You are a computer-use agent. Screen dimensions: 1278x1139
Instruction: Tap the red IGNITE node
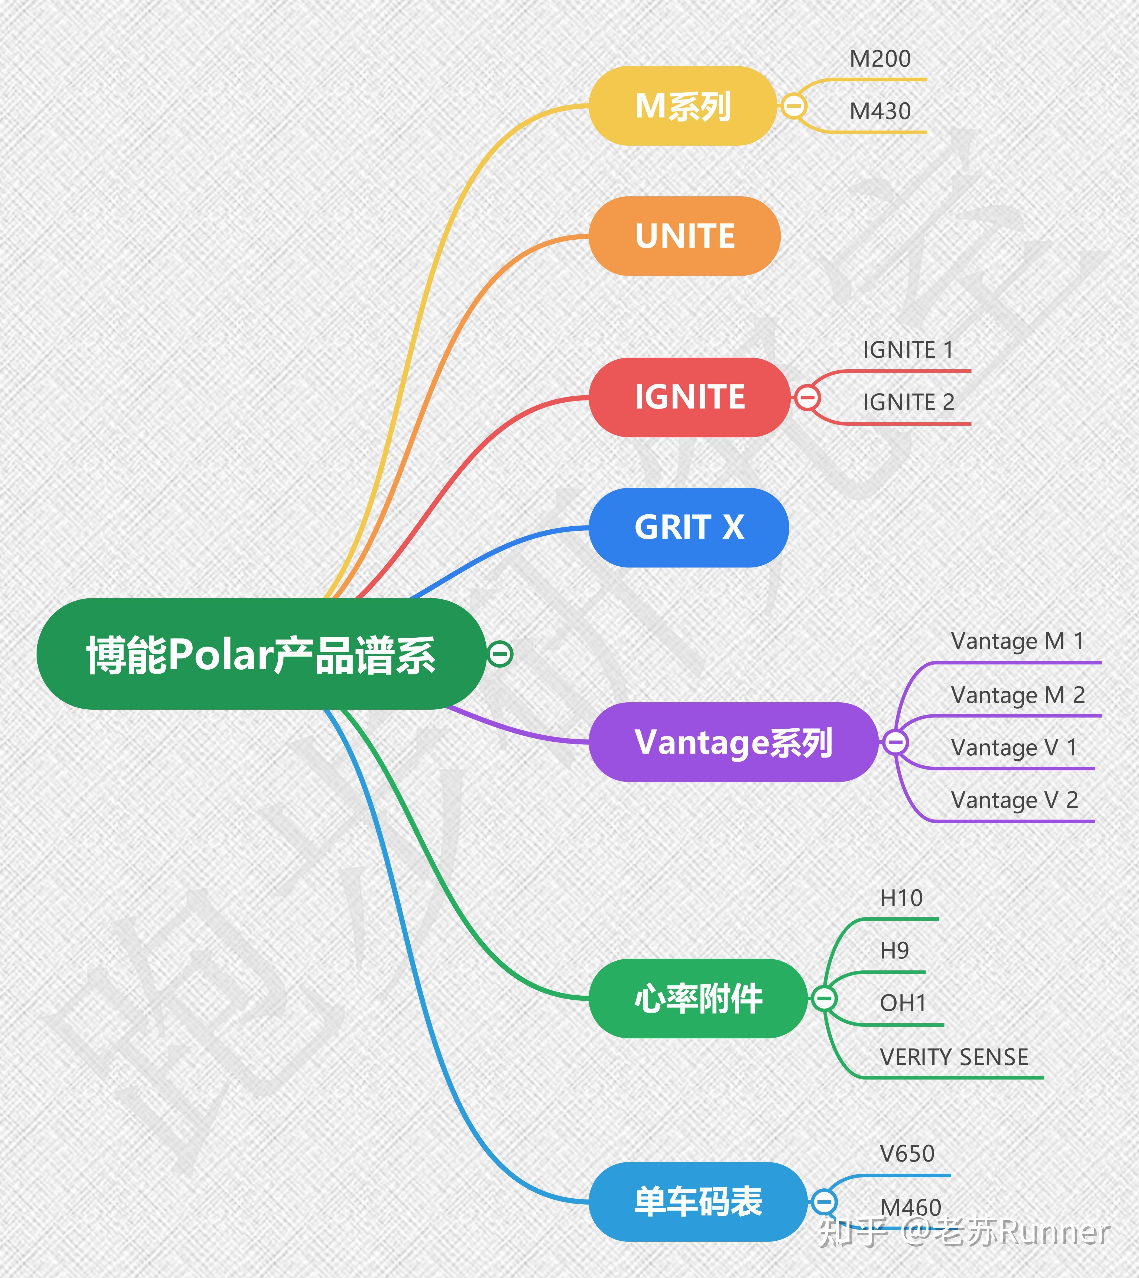pyautogui.click(x=690, y=397)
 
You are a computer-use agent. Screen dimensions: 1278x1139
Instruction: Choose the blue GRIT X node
pyautogui.click(x=688, y=527)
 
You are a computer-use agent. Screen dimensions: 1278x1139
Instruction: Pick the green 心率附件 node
pyautogui.click(x=698, y=998)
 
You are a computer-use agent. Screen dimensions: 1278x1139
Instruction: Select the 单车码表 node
pyautogui.click(x=698, y=1202)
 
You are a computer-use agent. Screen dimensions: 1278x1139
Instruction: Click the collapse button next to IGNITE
pyautogui.click(x=807, y=397)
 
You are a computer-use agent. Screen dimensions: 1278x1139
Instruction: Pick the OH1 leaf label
pyautogui.click(x=903, y=1003)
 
